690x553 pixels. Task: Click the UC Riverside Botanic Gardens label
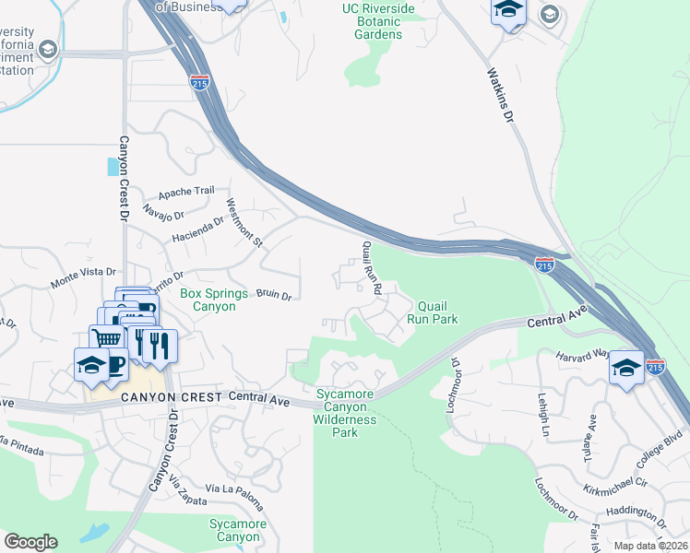coord(378,21)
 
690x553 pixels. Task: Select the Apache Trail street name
coord(185,192)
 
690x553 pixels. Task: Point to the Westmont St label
coord(245,224)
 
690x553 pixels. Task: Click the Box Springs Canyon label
coord(214,300)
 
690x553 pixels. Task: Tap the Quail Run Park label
coord(438,312)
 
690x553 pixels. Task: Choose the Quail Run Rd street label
coord(372,267)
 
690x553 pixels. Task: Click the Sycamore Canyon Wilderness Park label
coord(345,413)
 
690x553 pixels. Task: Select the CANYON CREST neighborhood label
coord(171,397)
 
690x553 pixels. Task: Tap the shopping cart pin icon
coord(108,338)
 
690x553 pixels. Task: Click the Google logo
coord(30,541)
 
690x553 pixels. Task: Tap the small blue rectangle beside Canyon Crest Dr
coord(113,166)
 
